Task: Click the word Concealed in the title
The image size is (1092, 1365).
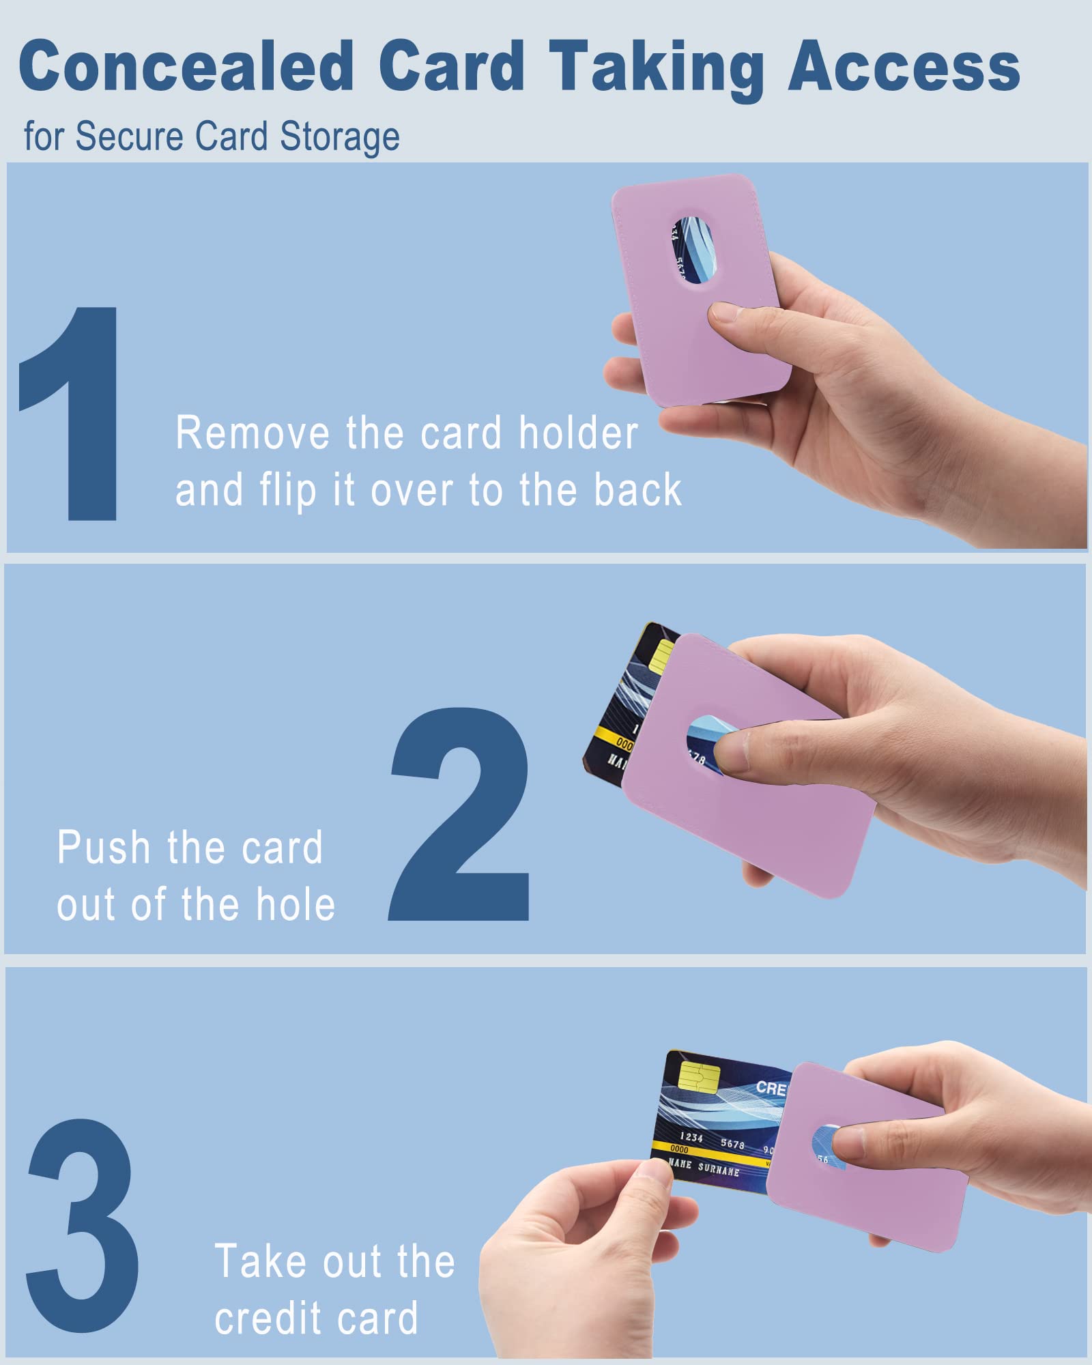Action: (186, 66)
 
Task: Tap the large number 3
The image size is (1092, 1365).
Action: (82, 1225)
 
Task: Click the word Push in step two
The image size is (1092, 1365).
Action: (103, 848)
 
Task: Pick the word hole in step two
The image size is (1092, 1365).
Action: (296, 905)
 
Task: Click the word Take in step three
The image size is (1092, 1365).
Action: (261, 1261)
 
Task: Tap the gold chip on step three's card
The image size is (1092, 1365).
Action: (700, 1077)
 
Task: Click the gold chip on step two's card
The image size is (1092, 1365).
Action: (661, 656)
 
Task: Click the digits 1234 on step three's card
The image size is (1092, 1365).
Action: (691, 1137)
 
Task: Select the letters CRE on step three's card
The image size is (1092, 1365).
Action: (771, 1088)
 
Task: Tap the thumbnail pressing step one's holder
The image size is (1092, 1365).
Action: (725, 313)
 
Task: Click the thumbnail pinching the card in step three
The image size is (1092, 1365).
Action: (653, 1169)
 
